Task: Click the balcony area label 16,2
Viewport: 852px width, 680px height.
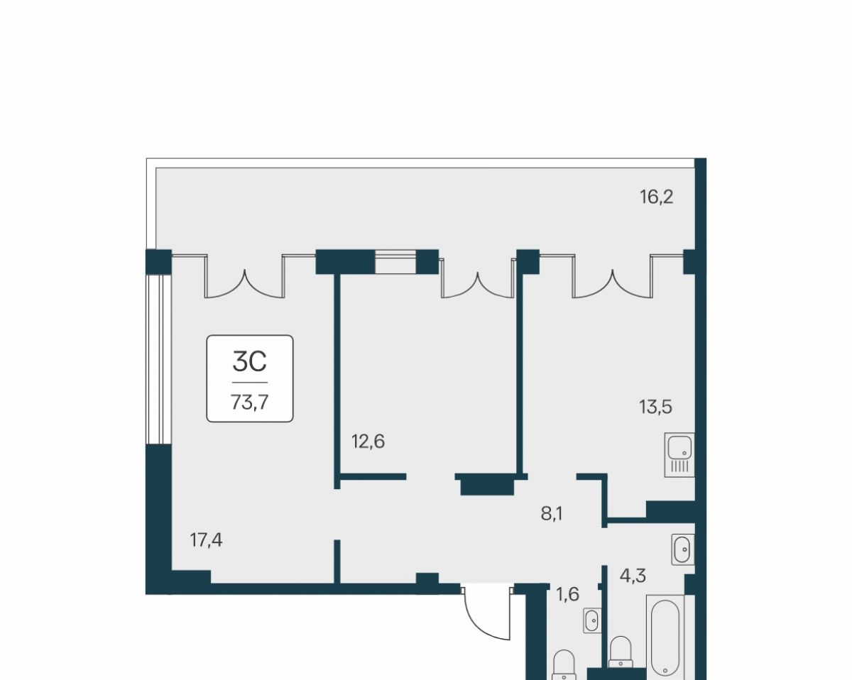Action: pyautogui.click(x=657, y=197)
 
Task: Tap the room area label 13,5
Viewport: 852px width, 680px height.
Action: pyautogui.click(x=655, y=407)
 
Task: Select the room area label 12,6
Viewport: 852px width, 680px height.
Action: pyautogui.click(x=368, y=441)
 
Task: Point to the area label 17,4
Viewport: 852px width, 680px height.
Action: pyautogui.click(x=206, y=540)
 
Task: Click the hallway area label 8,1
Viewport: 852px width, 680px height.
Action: pyautogui.click(x=552, y=514)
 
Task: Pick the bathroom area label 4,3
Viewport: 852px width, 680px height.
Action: pyautogui.click(x=633, y=576)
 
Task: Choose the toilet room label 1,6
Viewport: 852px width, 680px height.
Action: pyautogui.click(x=568, y=594)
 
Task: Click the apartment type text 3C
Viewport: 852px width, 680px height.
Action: pyautogui.click(x=249, y=362)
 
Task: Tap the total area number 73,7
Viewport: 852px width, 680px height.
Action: pyautogui.click(x=250, y=402)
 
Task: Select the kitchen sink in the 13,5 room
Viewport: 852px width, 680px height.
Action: pyautogui.click(x=679, y=455)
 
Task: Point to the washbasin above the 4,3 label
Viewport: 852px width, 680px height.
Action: pyautogui.click(x=682, y=549)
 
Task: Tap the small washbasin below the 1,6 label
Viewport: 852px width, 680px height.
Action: pyautogui.click(x=592, y=620)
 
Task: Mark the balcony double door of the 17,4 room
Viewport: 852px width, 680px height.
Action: pyautogui.click(x=244, y=276)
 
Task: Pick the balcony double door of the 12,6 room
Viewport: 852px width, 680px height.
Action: pyautogui.click(x=477, y=278)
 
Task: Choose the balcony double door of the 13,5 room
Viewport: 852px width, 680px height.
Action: pyautogui.click(x=613, y=276)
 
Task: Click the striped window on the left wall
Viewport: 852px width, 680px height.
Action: pyautogui.click(x=158, y=359)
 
